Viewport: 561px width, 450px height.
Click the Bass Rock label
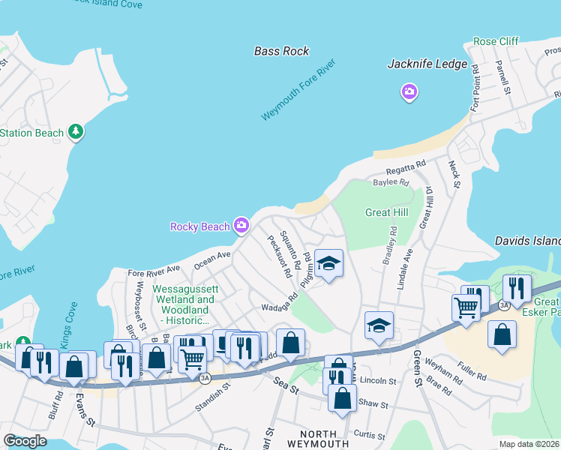(281, 51)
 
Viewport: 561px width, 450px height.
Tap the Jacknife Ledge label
(427, 64)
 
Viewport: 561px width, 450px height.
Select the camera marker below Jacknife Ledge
(409, 92)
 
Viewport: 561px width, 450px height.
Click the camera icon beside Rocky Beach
(241, 224)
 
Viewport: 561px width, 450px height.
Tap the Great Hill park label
(386, 212)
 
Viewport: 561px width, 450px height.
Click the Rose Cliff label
(496, 41)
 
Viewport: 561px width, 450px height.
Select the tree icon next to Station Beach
(75, 133)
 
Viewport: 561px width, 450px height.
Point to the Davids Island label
(528, 241)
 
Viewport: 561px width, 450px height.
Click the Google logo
(25, 441)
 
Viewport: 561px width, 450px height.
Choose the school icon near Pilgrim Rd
(328, 264)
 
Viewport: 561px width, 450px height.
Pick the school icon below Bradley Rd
(379, 326)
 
